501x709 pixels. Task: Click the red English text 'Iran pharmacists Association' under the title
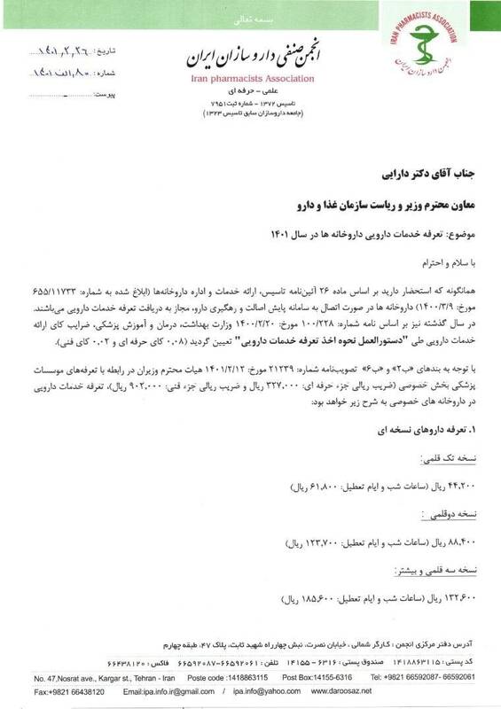click(251, 77)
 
